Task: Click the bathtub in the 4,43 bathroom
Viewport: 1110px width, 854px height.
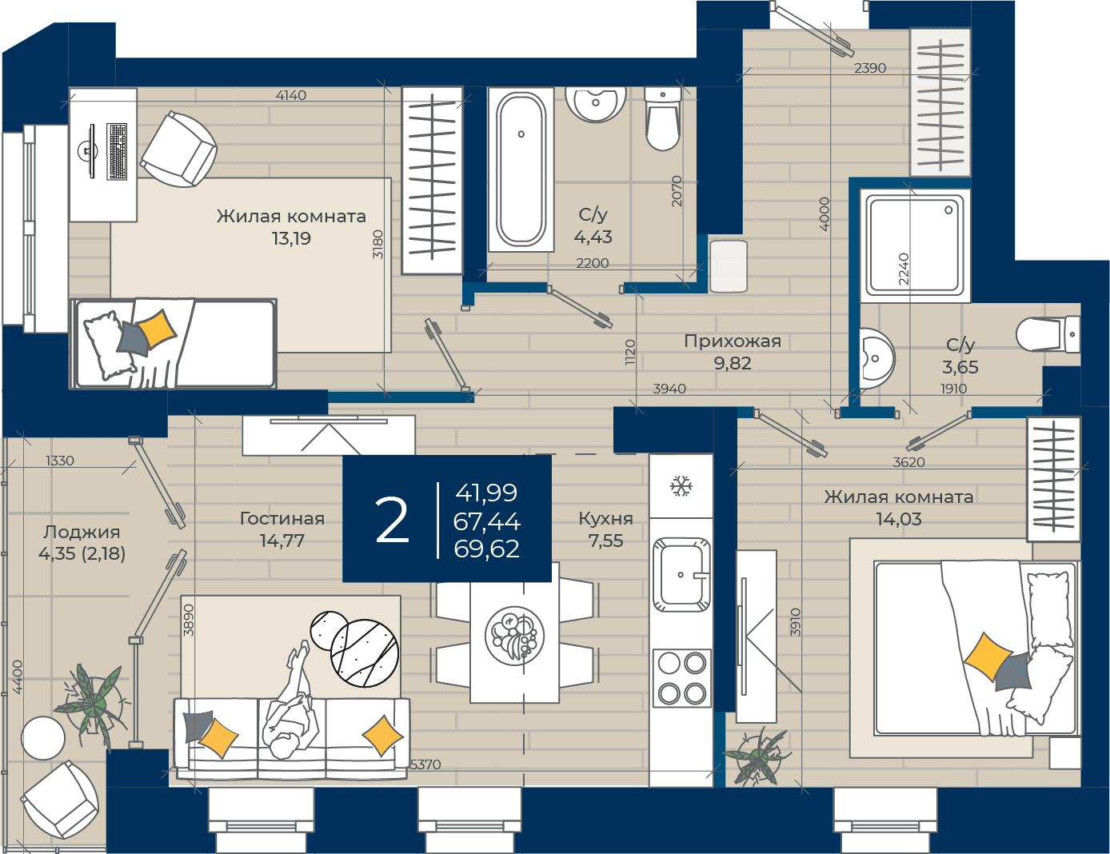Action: [x=521, y=170]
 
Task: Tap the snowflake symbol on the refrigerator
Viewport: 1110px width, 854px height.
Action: [x=681, y=486]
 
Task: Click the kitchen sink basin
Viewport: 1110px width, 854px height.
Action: [x=681, y=575]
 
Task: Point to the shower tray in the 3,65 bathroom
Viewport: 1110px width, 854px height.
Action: [x=915, y=245]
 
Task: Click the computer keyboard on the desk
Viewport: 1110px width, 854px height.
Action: [x=117, y=152]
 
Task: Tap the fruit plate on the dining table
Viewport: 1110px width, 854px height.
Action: [x=514, y=636]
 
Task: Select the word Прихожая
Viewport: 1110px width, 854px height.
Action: [x=733, y=341]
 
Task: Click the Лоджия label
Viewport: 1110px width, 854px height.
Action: [x=82, y=533]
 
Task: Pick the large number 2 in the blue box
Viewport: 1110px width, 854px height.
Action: [x=392, y=521]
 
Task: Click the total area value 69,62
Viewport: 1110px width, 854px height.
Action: [x=486, y=549]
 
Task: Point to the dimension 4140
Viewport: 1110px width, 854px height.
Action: [x=290, y=95]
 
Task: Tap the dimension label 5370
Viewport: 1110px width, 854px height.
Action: [x=425, y=764]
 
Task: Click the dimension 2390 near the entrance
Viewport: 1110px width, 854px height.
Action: [x=870, y=68]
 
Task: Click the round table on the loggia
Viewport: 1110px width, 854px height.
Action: [x=43, y=738]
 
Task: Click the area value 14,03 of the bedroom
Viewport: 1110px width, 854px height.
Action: [x=899, y=520]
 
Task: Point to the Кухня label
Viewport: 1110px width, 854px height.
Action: [x=606, y=519]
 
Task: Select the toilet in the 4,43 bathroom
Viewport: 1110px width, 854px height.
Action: [x=663, y=118]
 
